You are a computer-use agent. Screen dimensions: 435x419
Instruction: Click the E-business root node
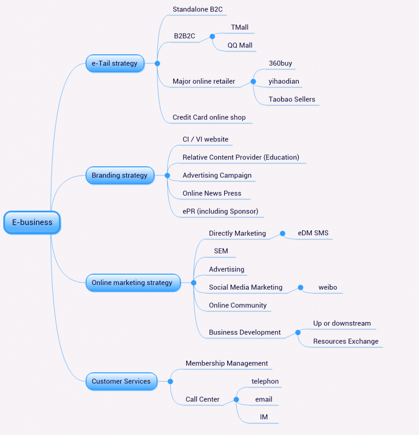click(x=32, y=222)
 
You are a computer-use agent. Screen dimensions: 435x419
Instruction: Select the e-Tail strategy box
click(x=115, y=63)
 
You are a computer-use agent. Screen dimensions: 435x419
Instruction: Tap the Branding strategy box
click(x=119, y=175)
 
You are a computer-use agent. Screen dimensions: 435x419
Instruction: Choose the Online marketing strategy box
click(x=132, y=282)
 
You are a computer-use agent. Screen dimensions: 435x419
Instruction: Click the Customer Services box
click(x=121, y=381)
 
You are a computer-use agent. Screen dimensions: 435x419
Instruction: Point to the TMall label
click(x=239, y=27)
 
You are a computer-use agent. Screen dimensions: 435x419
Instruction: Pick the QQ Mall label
click(x=240, y=45)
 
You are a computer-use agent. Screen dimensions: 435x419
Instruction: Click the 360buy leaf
click(x=280, y=63)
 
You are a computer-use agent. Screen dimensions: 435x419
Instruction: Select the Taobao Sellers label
click(x=292, y=99)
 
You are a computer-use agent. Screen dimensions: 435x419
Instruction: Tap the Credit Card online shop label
click(x=209, y=117)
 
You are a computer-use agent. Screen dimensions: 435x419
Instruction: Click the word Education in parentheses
click(x=281, y=157)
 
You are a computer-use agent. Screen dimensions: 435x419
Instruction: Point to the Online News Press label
click(x=212, y=193)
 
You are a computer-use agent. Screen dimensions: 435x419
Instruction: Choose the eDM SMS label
click(x=313, y=233)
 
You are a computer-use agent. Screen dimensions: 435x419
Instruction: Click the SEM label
click(x=221, y=251)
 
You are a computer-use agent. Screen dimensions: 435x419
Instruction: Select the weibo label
click(x=328, y=287)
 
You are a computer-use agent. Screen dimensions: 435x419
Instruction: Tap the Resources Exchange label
click(x=346, y=341)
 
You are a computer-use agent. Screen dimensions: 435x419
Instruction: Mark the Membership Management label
click(x=227, y=363)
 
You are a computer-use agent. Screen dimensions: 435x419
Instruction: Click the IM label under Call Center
click(x=264, y=417)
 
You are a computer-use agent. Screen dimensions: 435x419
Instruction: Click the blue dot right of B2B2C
click(x=212, y=37)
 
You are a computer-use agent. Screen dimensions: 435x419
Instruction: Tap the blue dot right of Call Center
click(x=236, y=399)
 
